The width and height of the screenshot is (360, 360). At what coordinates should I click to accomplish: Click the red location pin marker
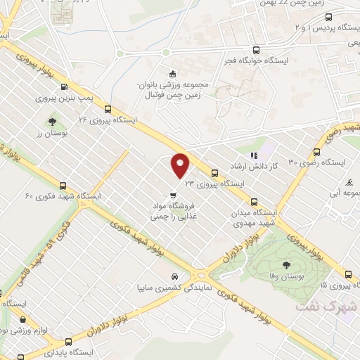(181, 165)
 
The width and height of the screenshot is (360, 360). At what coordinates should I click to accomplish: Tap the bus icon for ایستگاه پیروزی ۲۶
(108, 109)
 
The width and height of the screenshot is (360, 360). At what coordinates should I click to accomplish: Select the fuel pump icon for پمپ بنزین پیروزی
(65, 87)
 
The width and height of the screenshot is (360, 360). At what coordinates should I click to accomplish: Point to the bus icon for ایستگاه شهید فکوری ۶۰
(64, 186)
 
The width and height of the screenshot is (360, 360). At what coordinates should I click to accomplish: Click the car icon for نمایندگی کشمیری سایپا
(174, 276)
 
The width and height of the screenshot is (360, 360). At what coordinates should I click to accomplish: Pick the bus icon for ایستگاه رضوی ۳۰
(317, 151)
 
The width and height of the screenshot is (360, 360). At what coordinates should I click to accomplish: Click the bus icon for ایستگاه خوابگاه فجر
(255, 50)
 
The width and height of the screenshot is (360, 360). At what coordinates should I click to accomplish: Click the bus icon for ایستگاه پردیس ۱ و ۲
(350, 17)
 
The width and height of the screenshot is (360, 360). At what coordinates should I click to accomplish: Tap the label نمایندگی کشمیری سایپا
(173, 288)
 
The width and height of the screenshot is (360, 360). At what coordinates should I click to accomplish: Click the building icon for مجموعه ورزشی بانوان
(172, 74)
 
